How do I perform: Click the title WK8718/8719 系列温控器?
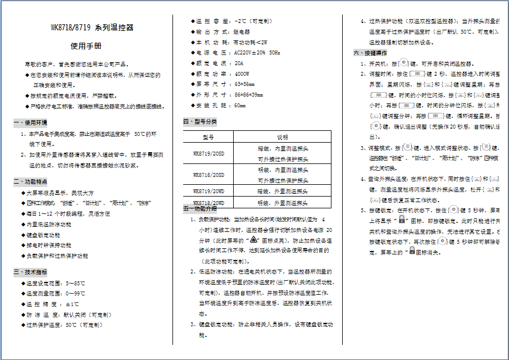pyautogui.click(x=92, y=28)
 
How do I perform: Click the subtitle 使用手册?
pyautogui.click(x=87, y=46)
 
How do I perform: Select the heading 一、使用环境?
pyautogui.click(x=30, y=122)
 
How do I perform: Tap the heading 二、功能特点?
pyautogui.click(x=30, y=182)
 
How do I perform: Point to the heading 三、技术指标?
pyautogui.click(x=30, y=272)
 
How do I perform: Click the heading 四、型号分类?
pyautogui.click(x=200, y=122)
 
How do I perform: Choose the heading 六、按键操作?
pyautogui.click(x=370, y=53)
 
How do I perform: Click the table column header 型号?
pyautogui.click(x=208, y=137)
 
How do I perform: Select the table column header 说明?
pyautogui.click(x=282, y=137)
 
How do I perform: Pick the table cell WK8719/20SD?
pyautogui.click(x=208, y=153)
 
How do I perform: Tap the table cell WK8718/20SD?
pyautogui.click(x=208, y=175)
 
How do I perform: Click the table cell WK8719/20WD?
pyautogui.click(x=208, y=191)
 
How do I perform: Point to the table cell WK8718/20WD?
pyautogui.click(x=208, y=203)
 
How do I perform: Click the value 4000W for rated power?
pyautogui.click(x=242, y=74)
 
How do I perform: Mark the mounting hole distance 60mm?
pyautogui.click(x=240, y=105)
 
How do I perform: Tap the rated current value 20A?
pyautogui.click(x=239, y=63)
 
